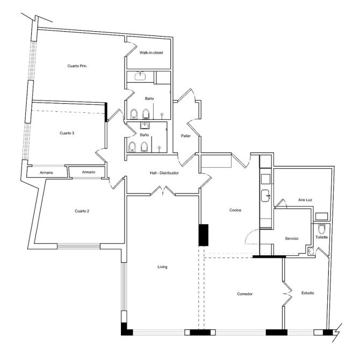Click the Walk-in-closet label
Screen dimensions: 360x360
(152, 53)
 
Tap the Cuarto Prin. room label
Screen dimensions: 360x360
(77, 66)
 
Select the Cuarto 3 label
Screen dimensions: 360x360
(67, 133)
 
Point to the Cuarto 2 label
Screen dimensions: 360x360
(82, 211)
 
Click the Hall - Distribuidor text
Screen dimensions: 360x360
(164, 173)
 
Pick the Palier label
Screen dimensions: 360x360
(186, 136)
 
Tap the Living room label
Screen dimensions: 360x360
(162, 267)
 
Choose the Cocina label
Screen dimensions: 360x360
(235, 210)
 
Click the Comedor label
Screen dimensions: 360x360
(245, 294)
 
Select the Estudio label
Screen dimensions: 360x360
(308, 293)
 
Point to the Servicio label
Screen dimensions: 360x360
(292, 239)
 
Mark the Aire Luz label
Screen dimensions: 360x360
(305, 200)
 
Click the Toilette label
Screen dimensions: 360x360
(322, 237)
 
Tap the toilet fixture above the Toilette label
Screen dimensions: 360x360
(322, 229)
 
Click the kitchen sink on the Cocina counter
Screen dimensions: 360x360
(266, 196)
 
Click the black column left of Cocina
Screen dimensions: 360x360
(204, 235)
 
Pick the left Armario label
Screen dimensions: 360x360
(46, 172)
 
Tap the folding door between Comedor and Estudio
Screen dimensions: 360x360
(287, 294)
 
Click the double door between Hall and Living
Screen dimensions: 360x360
(163, 191)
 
